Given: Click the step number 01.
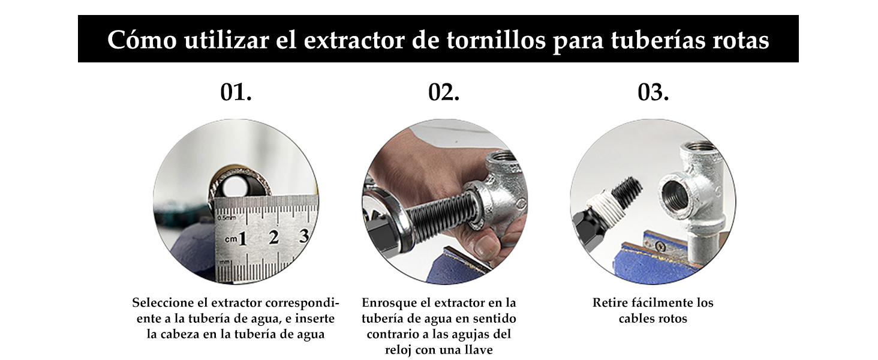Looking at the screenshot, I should click(236, 92).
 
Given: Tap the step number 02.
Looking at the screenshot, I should click(444, 92).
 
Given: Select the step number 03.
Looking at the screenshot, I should click(653, 92).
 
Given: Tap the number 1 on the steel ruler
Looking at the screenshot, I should click(243, 239).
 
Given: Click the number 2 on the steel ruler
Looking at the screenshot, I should click(273, 238).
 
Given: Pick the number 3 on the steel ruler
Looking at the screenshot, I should click(304, 236).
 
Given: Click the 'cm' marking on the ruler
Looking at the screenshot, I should click(231, 240).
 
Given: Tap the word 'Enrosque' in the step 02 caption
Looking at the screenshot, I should click(388, 302).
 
